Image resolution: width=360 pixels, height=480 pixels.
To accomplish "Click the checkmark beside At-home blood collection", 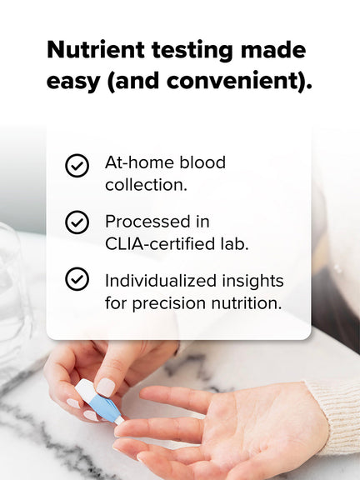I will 77,165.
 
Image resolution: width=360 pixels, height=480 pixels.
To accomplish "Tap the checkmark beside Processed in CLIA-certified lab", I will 77,222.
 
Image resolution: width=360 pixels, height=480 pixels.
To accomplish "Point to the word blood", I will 201,162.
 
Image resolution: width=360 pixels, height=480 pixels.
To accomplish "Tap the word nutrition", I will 248,303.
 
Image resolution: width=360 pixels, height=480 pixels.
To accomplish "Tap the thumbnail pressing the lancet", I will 105,386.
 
